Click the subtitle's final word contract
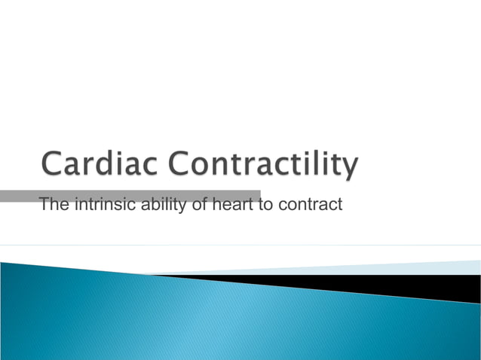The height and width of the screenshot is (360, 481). click(x=310, y=203)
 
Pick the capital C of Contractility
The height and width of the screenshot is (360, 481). click(x=181, y=166)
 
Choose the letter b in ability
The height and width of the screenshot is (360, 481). click(x=153, y=203)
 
